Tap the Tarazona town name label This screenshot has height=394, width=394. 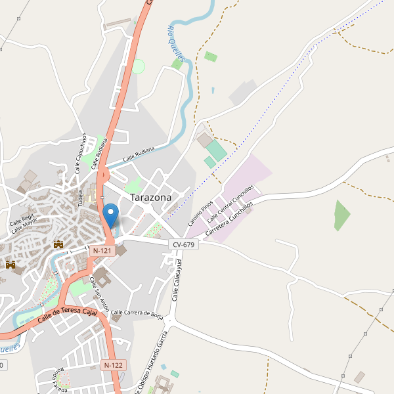(x=150, y=197)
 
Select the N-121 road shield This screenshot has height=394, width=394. (x=102, y=251)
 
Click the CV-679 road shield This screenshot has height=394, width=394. (x=183, y=244)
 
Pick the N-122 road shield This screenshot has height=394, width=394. (x=114, y=364)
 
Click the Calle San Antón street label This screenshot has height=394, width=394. (x=98, y=289)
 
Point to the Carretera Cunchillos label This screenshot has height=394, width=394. (x=229, y=220)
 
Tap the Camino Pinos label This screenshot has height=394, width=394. (x=196, y=213)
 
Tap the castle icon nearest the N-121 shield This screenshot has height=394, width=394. (x=58, y=244)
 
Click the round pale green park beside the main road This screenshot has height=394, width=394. (x=138, y=66)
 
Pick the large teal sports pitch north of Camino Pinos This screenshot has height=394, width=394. (x=217, y=151)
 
